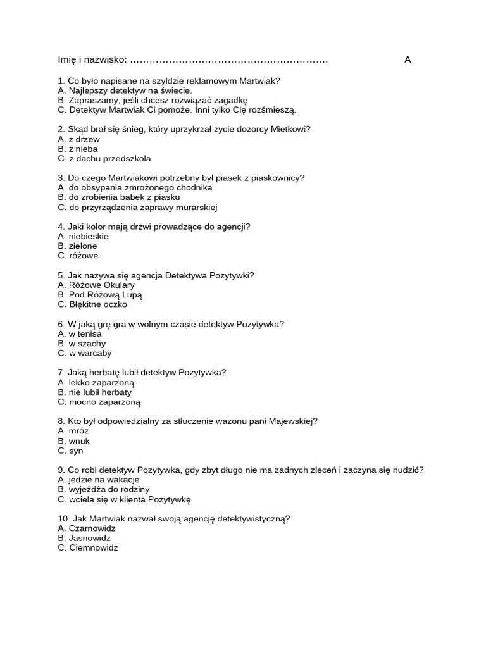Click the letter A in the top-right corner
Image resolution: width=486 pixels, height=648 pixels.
pos(408,59)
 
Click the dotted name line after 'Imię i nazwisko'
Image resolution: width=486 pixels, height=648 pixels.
pos(228,61)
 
